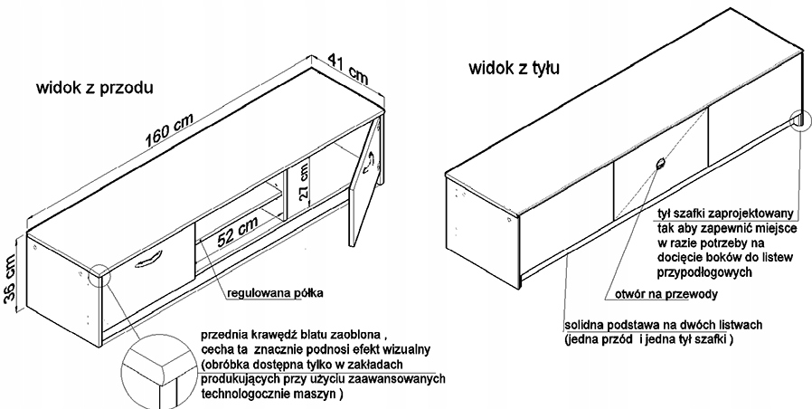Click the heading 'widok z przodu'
(x=94, y=89)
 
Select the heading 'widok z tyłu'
(x=507, y=69)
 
